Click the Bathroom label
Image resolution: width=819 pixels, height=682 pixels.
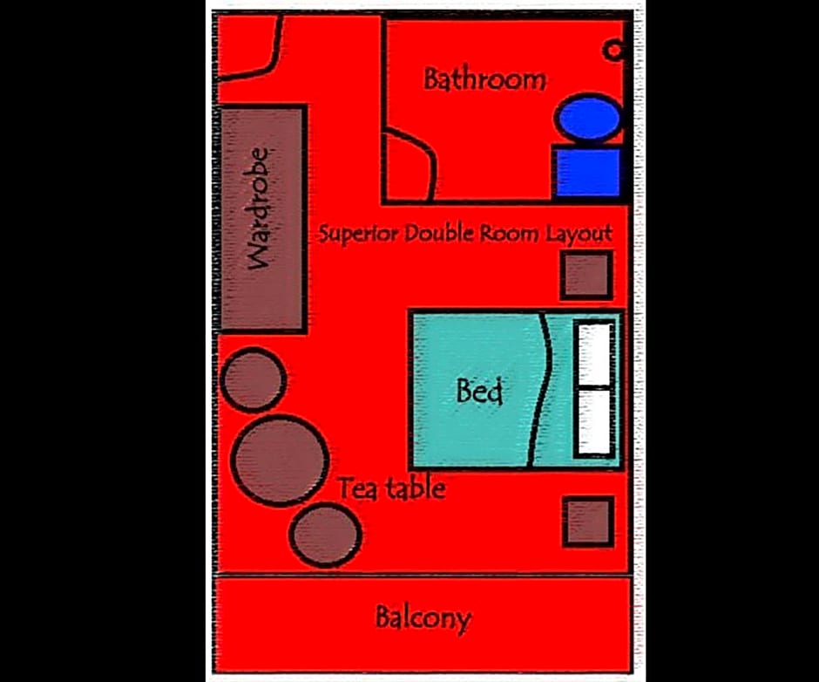click(x=484, y=79)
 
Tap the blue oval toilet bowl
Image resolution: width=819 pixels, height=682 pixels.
click(x=589, y=118)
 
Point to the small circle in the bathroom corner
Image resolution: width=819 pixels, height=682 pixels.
click(x=613, y=51)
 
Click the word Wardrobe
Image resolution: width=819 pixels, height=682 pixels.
click(x=259, y=208)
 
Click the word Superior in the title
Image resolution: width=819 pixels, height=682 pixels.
click(x=358, y=233)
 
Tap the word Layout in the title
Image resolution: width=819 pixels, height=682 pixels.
click(x=579, y=235)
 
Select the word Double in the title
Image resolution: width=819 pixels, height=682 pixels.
click(x=439, y=233)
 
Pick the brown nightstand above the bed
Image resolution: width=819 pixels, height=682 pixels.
click(x=586, y=275)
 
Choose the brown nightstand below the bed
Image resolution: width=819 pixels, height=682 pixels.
click(x=588, y=522)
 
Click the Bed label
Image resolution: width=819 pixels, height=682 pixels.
click(x=479, y=391)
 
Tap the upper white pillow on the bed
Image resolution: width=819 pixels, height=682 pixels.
click(x=594, y=355)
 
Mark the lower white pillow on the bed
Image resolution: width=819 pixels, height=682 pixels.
click(x=594, y=422)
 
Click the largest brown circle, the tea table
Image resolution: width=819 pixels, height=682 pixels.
click(x=280, y=460)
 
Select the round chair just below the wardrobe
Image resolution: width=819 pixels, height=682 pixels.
click(x=254, y=379)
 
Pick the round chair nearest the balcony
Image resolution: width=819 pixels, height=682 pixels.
click(x=325, y=535)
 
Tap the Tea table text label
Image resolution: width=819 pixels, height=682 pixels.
click(x=392, y=488)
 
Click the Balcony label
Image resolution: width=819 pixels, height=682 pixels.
click(x=423, y=618)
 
